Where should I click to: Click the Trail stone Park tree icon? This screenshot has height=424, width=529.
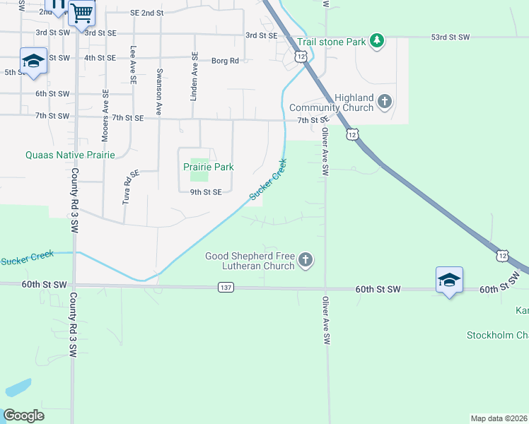click(x=378, y=41)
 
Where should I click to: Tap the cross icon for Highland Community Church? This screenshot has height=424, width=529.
click(x=385, y=102)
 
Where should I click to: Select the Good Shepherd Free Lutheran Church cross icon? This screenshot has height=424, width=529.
click(x=306, y=261)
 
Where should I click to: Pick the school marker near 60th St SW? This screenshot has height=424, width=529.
click(x=449, y=281)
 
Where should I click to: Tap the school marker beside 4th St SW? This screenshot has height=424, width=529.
click(x=33, y=61)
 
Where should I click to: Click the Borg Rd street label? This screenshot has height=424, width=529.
click(x=225, y=61)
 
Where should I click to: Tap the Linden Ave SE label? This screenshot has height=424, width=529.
click(x=193, y=76)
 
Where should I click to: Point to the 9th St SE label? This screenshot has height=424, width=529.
click(x=206, y=192)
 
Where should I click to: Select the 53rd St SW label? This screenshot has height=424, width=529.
click(x=450, y=37)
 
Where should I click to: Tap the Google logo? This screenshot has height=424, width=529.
click(x=24, y=415)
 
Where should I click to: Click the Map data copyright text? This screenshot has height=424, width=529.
click(x=498, y=418)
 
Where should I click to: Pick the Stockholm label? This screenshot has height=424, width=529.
click(x=497, y=335)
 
